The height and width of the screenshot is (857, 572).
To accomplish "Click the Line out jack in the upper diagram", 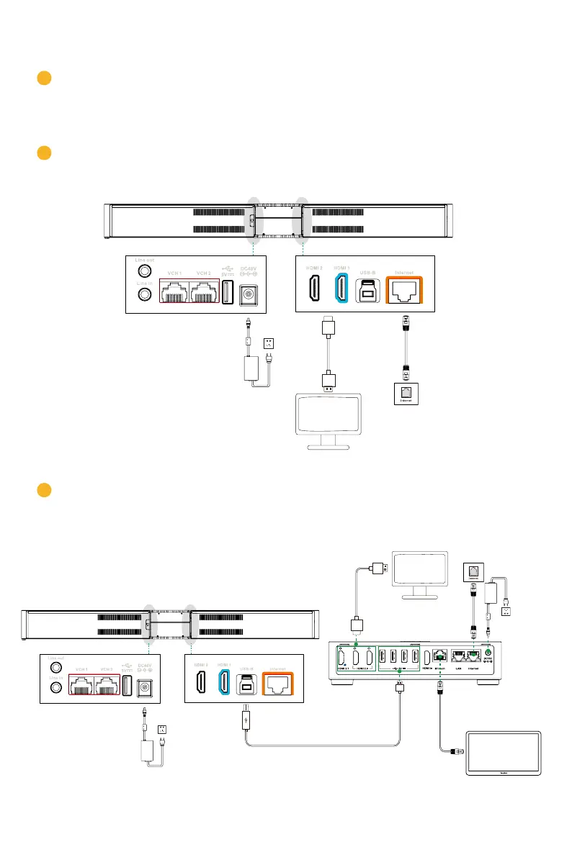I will [x=145, y=271].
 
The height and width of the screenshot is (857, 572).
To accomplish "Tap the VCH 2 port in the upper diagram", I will [x=204, y=292].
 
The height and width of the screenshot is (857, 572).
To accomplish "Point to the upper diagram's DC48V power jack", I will [x=248, y=294].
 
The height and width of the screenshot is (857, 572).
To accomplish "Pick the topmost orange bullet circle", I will [x=43, y=78].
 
